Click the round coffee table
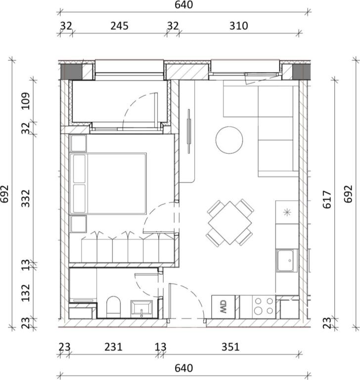click(x=229, y=140)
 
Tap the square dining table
click(x=230, y=222)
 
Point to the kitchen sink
click(x=287, y=261)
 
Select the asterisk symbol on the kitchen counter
click(x=287, y=213)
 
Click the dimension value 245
click(x=119, y=26)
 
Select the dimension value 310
click(x=239, y=26)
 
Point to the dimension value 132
click(x=26, y=292)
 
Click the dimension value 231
click(x=113, y=347)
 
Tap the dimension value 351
click(x=230, y=347)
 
